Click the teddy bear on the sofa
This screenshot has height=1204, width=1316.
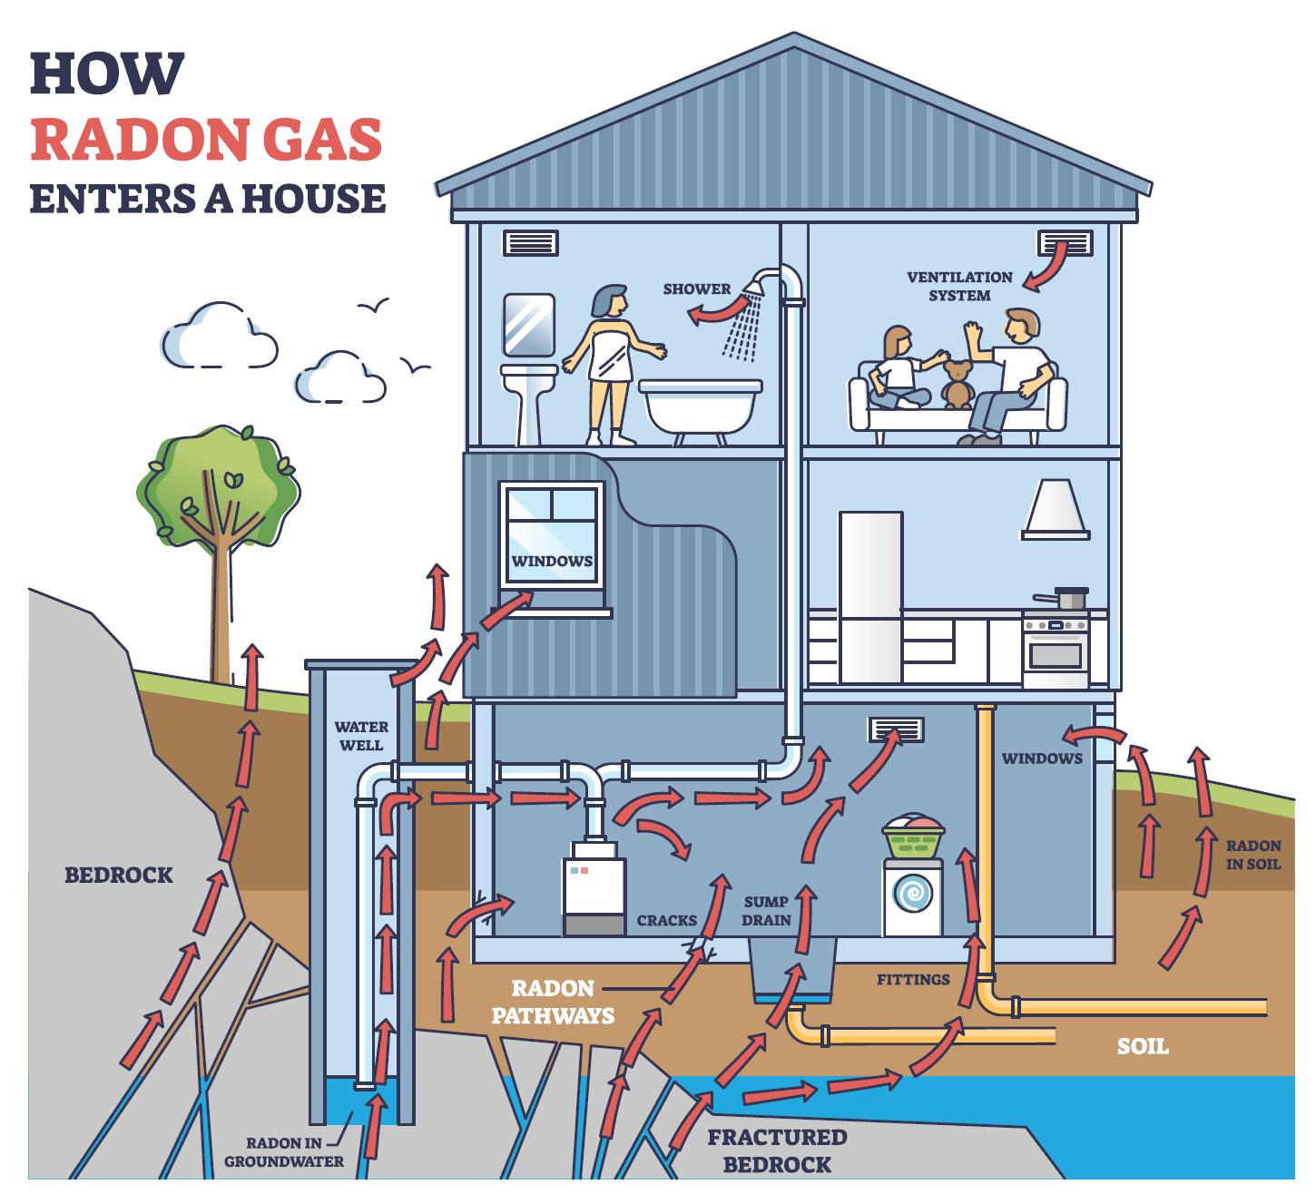956,383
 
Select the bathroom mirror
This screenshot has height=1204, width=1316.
528,324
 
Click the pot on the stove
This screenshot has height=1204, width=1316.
1070,598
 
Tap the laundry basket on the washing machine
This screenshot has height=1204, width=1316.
913,838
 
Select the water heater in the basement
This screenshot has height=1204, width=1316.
594,894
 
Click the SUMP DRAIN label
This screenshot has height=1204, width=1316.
767,911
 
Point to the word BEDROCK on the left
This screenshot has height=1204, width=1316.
118,875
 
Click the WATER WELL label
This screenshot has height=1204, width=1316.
361,735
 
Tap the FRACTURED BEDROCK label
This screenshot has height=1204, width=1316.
776,1150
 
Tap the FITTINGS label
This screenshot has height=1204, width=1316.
913,979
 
